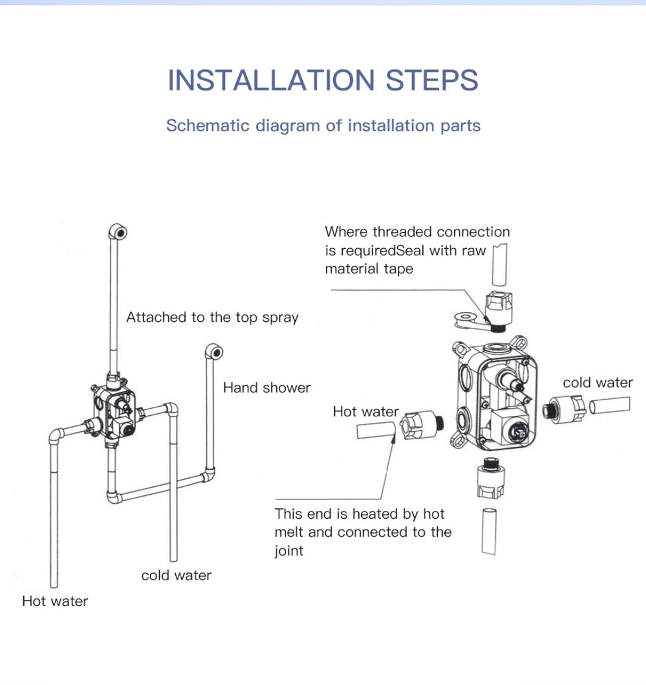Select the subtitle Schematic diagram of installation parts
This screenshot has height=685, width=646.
323,126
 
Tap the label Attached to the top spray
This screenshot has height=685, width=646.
212,318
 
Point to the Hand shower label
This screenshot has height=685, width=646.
267,388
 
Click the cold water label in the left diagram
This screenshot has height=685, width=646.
176,576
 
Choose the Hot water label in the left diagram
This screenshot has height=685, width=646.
55,601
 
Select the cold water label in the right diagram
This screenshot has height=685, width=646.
598,383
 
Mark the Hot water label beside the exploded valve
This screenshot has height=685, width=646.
365,412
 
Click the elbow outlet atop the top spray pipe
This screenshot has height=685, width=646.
118,232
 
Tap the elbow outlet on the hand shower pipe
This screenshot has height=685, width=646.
214,351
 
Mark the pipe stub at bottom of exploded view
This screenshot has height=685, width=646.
489,531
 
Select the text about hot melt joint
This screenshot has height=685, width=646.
362,532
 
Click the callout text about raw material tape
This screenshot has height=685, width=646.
417,250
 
